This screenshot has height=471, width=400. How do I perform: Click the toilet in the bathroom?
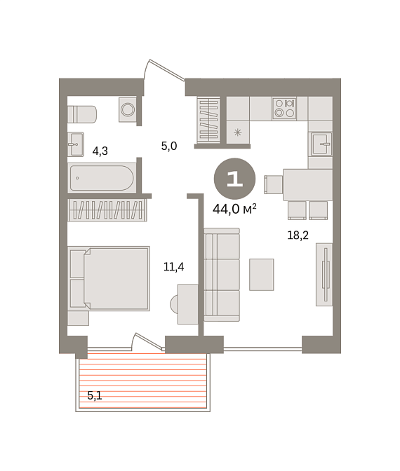pos(82,114)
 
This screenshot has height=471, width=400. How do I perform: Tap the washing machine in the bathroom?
pos(128,109)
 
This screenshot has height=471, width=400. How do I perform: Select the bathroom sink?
pos(76,144)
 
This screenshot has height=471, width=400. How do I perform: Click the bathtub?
pos(102,178)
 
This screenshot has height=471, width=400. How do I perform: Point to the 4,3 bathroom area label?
pos(100,151)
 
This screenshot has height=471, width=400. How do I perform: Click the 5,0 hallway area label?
pos(169,146)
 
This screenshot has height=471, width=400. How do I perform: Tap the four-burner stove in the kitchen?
pos(284,109)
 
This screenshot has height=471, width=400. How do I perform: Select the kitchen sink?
pos(321,144)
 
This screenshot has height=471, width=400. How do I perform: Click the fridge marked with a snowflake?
pos(238,132)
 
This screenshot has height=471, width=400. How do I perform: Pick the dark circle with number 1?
pos(234,179)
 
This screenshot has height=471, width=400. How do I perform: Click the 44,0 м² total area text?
pos(234,209)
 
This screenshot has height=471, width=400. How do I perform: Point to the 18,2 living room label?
pos(298,235)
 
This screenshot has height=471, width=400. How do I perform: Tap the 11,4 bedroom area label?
pos(173,266)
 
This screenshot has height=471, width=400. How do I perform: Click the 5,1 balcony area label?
pos(95,395)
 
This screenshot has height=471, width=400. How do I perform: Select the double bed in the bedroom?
pos(109,278)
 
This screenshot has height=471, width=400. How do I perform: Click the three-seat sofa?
pos(222,275)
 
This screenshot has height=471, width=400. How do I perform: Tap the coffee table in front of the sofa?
pos(262,275)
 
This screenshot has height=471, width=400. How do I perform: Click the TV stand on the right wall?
pos(324,275)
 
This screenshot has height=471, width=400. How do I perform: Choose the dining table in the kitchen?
pos(308,184)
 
